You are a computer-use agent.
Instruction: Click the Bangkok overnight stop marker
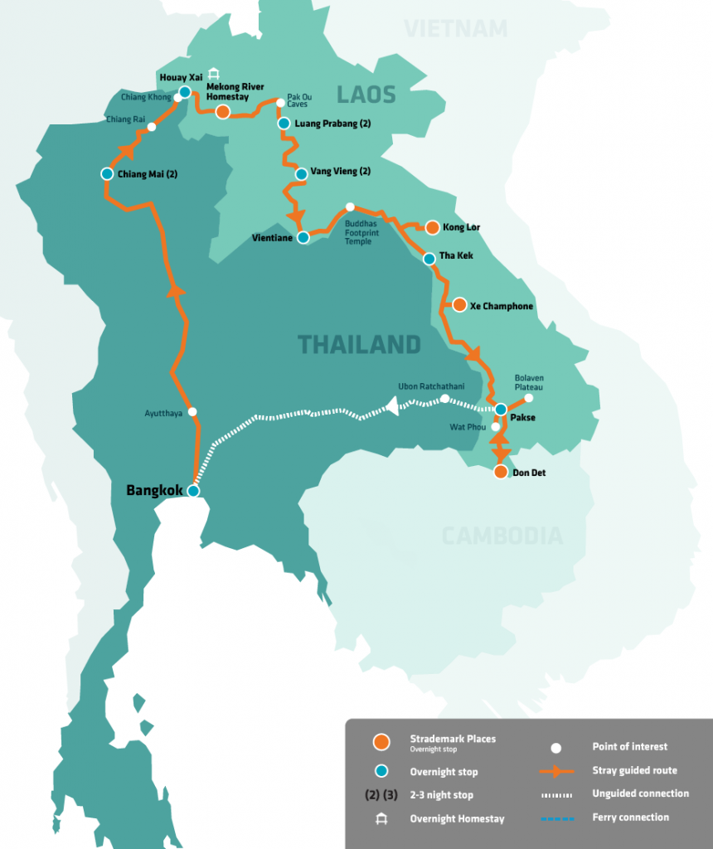193,491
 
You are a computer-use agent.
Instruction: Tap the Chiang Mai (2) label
147,174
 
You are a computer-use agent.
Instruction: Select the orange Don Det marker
500,472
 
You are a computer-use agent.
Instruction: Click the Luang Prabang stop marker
284,124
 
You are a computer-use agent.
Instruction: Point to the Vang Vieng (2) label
340,172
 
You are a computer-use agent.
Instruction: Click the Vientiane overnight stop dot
303,237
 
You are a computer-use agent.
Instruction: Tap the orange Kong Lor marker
432,226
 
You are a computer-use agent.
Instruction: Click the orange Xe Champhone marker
459,305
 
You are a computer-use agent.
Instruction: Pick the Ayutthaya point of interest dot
192,411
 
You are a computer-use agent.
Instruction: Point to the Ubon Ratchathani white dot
444,399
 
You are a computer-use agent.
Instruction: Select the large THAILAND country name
359,344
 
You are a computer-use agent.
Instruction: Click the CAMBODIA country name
502,536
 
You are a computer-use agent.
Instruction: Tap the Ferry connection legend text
630,817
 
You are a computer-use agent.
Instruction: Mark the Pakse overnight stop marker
501,409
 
